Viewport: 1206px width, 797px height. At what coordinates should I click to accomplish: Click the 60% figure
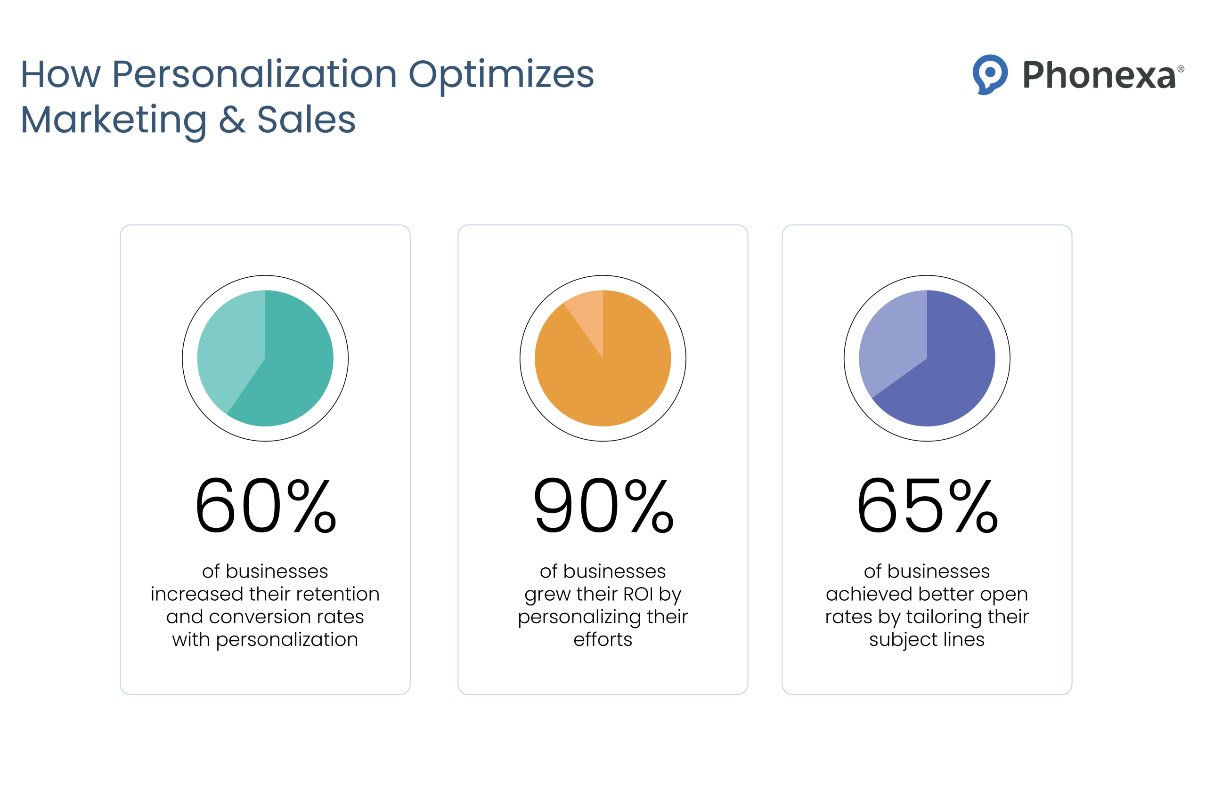tap(265, 506)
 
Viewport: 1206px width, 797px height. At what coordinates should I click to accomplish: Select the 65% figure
tap(927, 506)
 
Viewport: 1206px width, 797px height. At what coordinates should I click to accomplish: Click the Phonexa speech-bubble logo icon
tap(989, 74)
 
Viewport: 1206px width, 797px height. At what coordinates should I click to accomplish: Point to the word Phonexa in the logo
tap(1099, 75)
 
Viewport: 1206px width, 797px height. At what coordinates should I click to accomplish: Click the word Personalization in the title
tap(254, 74)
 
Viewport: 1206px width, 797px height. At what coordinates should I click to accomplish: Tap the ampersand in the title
tap(232, 121)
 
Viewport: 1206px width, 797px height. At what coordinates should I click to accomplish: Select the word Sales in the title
tap(306, 121)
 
